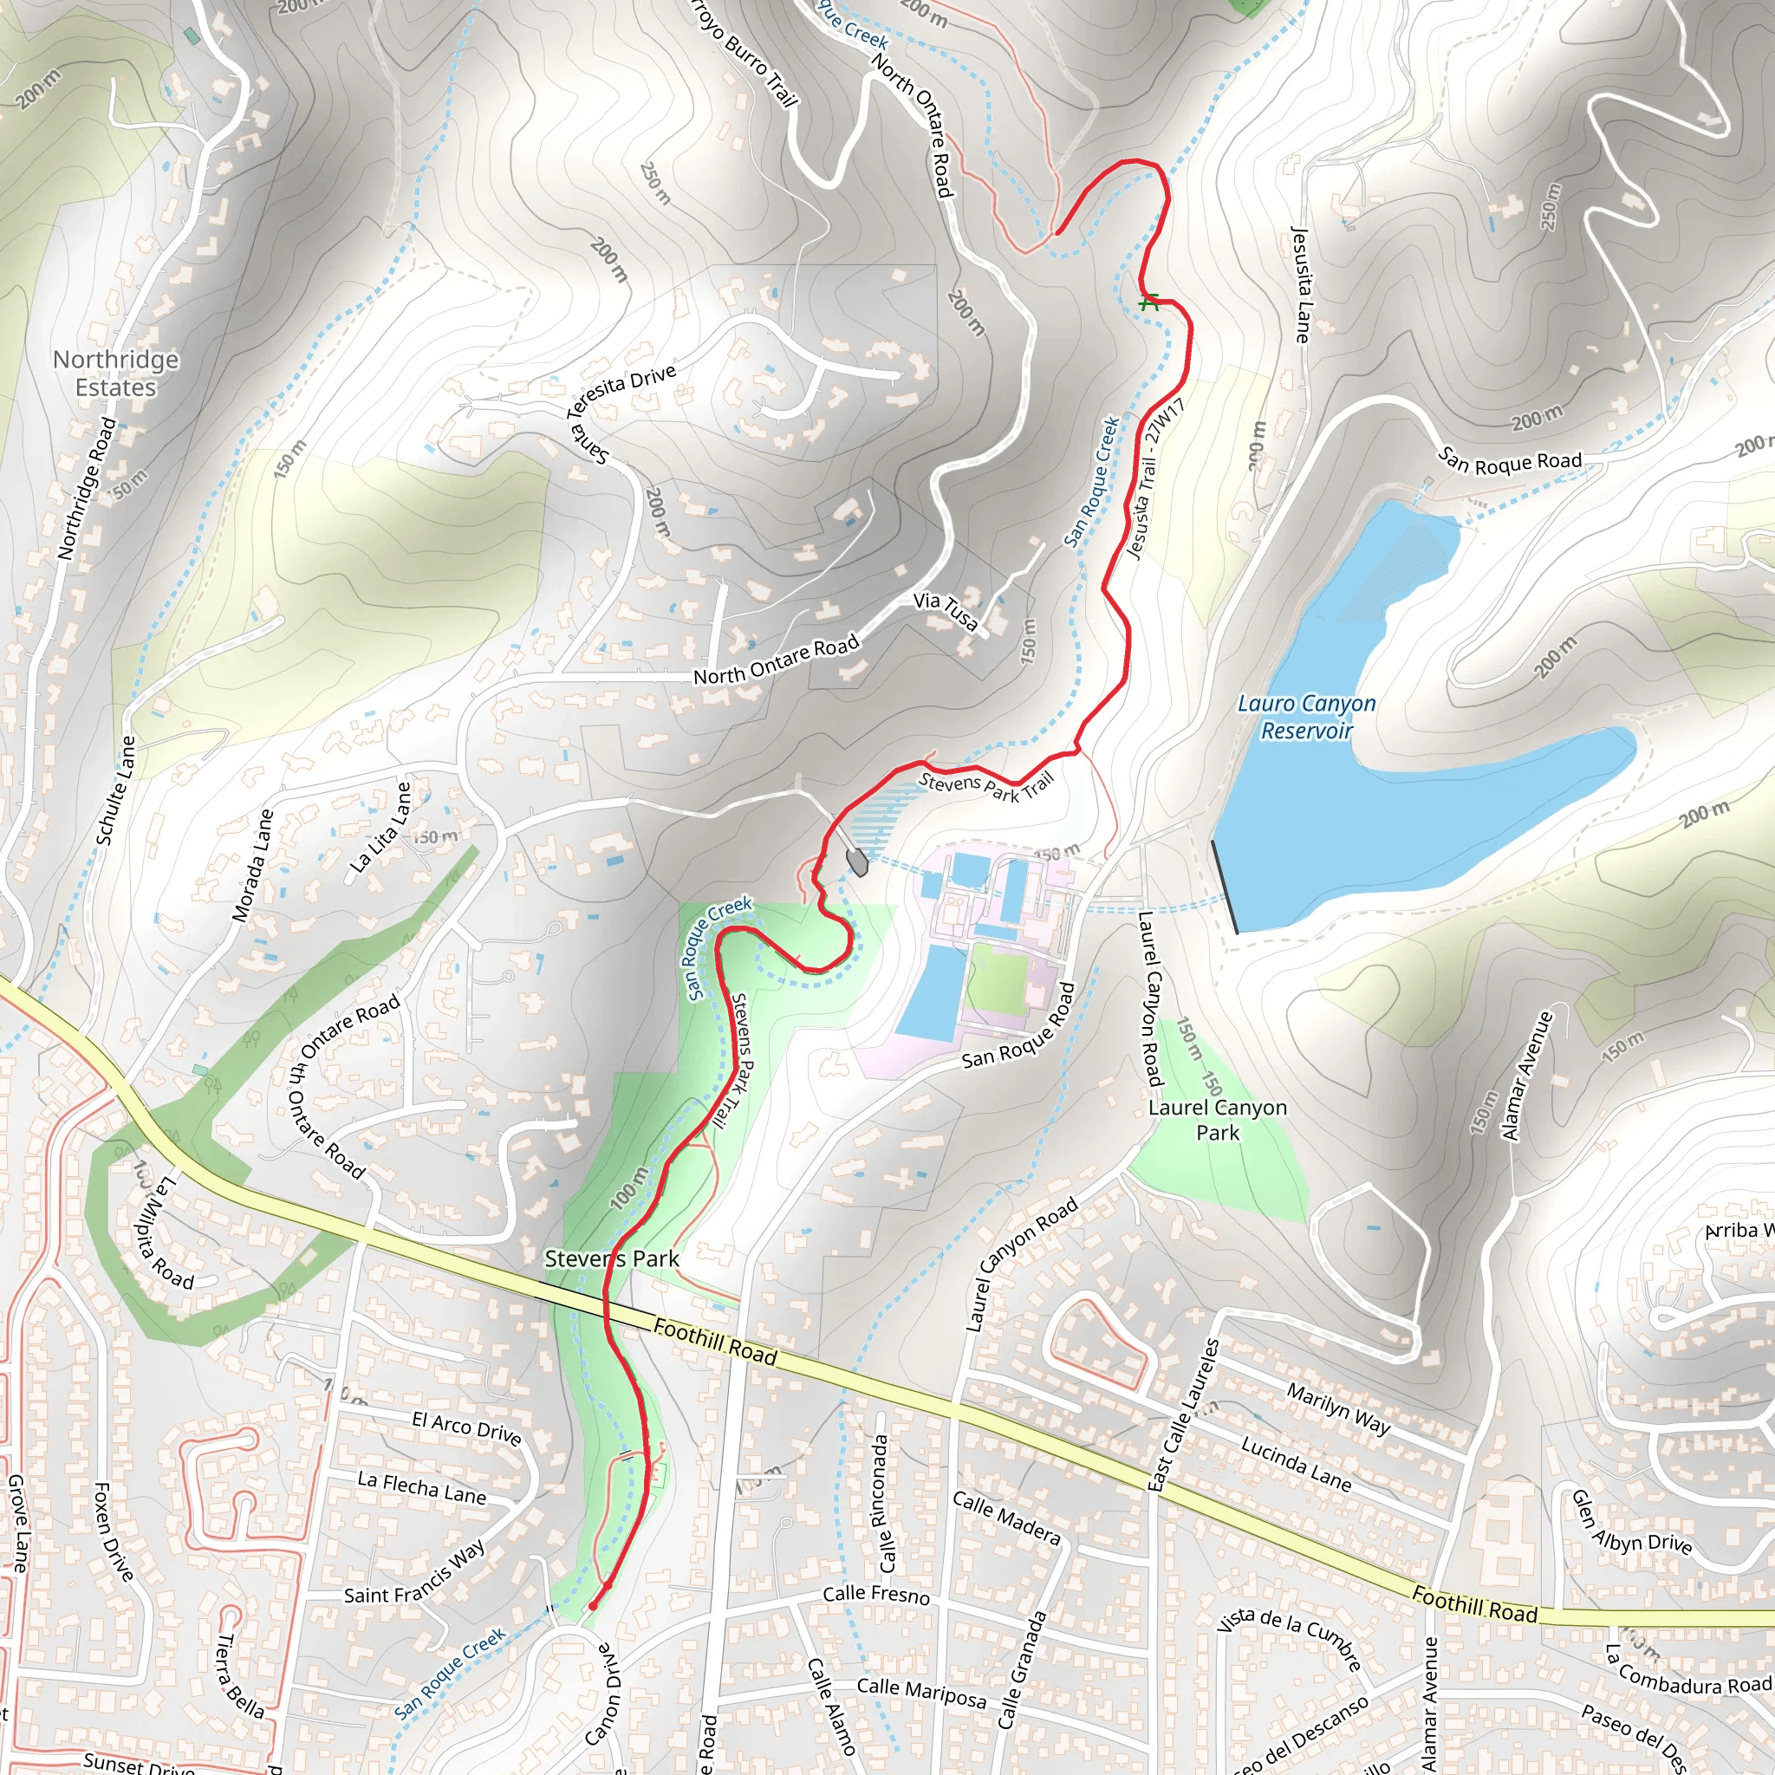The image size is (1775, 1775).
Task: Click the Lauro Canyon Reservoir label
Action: pyautogui.click(x=1305, y=717)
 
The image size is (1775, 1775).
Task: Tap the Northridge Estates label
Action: pyautogui.click(x=116, y=373)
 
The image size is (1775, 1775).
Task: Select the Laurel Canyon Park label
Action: pyautogui.click(x=1218, y=1120)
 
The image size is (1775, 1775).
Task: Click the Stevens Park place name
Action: pyautogui.click(x=612, y=1258)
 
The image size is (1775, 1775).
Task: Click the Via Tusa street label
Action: pyautogui.click(x=946, y=611)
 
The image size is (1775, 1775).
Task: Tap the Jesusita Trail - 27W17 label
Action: pyautogui.click(x=1156, y=478)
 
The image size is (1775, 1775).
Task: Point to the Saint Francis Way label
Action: pyautogui.click(x=414, y=1572)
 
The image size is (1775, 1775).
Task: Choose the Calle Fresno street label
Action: pyautogui.click(x=875, y=1595)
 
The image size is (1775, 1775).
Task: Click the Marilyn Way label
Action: pyautogui.click(x=1337, y=1408)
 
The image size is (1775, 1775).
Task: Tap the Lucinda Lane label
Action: pyautogui.click(x=1296, y=1464)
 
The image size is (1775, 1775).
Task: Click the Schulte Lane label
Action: pyautogui.click(x=115, y=791)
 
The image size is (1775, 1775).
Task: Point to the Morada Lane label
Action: pyautogui.click(x=253, y=864)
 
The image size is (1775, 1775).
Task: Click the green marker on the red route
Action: pyautogui.click(x=1148, y=302)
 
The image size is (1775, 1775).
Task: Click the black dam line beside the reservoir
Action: pyautogui.click(x=1225, y=887)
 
